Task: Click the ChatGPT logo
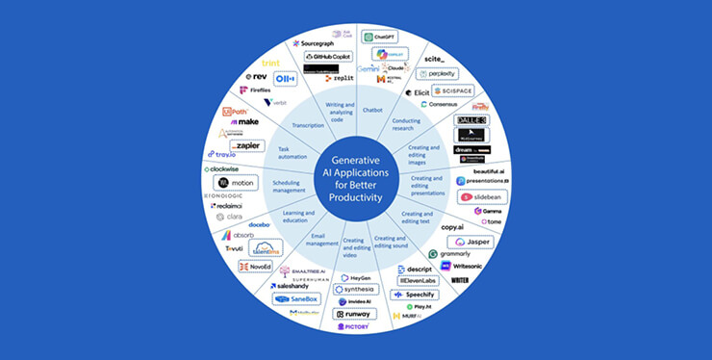(380, 37)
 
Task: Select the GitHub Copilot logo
(326, 58)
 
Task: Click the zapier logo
(245, 145)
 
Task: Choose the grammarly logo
(457, 254)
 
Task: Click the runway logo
(354, 314)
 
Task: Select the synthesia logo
(356, 289)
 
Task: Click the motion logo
(236, 182)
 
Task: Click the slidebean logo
(483, 195)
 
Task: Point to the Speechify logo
(416, 295)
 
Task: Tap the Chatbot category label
(372, 111)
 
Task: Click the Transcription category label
(308, 125)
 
